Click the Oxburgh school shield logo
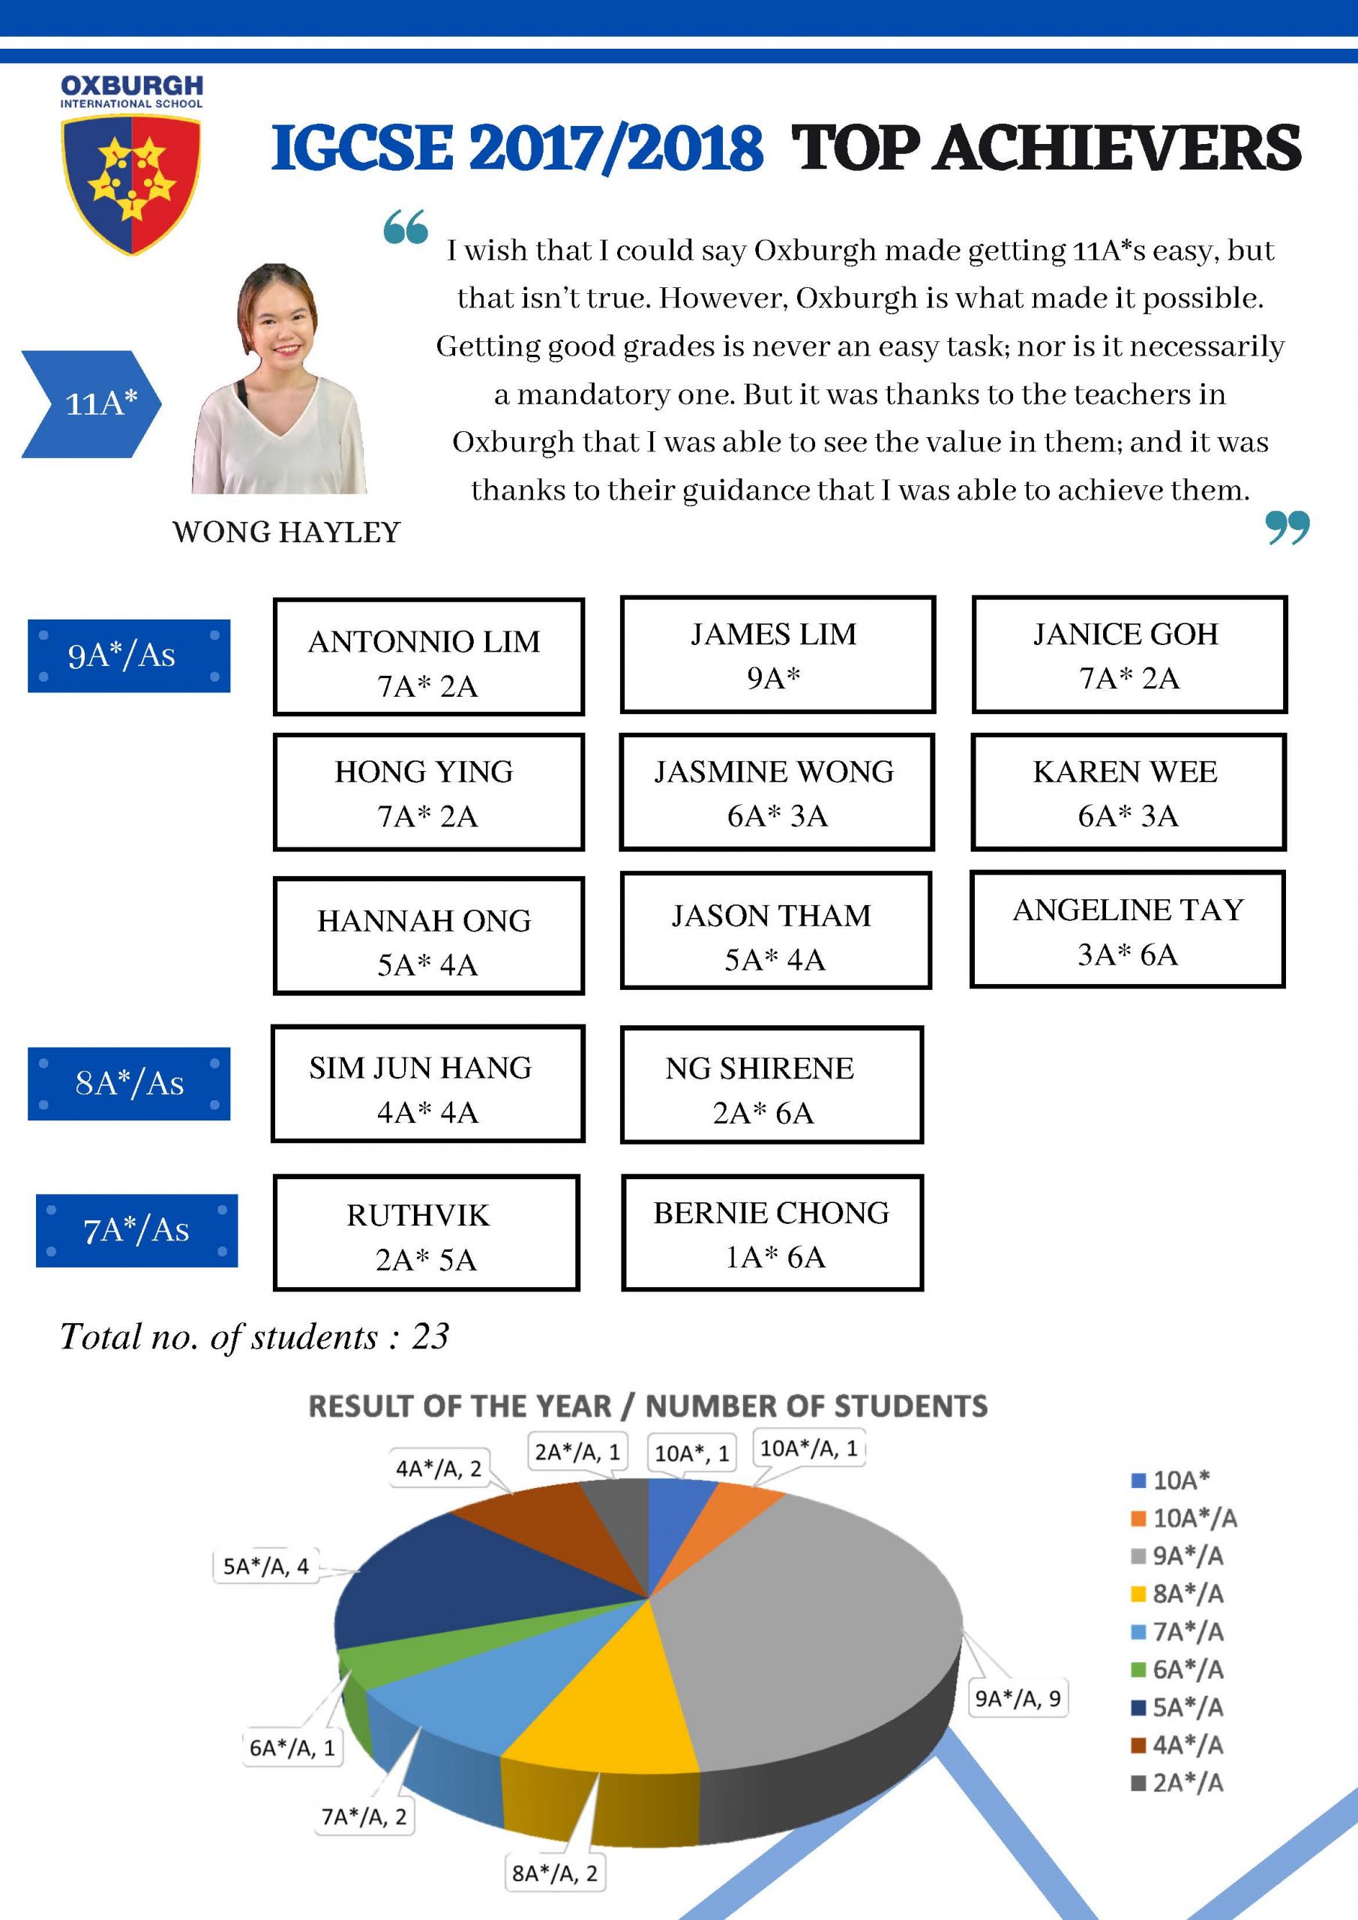pos(131,184)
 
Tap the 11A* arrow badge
pos(92,404)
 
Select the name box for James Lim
pos(777,655)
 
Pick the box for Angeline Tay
pos(1127,930)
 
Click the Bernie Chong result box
pos(772,1234)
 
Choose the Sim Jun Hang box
pos(427,1084)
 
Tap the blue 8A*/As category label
pos(129,1084)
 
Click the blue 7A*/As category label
pos(136,1231)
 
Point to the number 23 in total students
pos(430,1337)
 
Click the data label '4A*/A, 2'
pos(438,1469)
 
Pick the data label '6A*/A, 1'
pos(292,1747)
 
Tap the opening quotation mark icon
pos(406,226)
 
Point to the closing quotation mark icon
pos(1287,528)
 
